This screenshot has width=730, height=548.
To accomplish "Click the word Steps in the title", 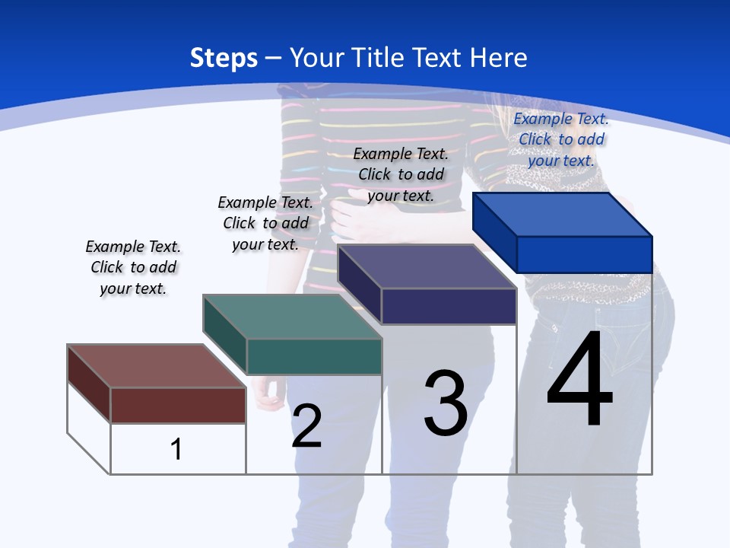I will [x=224, y=58].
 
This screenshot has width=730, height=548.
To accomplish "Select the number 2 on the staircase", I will [x=306, y=426].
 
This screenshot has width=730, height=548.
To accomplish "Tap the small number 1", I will [x=176, y=449].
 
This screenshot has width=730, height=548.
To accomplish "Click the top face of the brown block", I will [x=156, y=366].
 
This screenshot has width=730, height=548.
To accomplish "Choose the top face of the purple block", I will [x=427, y=266].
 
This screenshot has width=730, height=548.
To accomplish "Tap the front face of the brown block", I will [x=178, y=405].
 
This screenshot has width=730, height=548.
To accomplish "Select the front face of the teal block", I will [x=314, y=356].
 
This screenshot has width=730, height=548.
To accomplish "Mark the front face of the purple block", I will [x=449, y=306].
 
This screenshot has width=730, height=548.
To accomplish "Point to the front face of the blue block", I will [x=584, y=254].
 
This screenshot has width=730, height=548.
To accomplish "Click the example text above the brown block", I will [x=133, y=267].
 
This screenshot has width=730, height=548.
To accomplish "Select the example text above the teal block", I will [x=265, y=223].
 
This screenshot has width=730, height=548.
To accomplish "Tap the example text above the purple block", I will [x=401, y=174].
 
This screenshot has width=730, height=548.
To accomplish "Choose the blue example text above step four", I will [x=561, y=139].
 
